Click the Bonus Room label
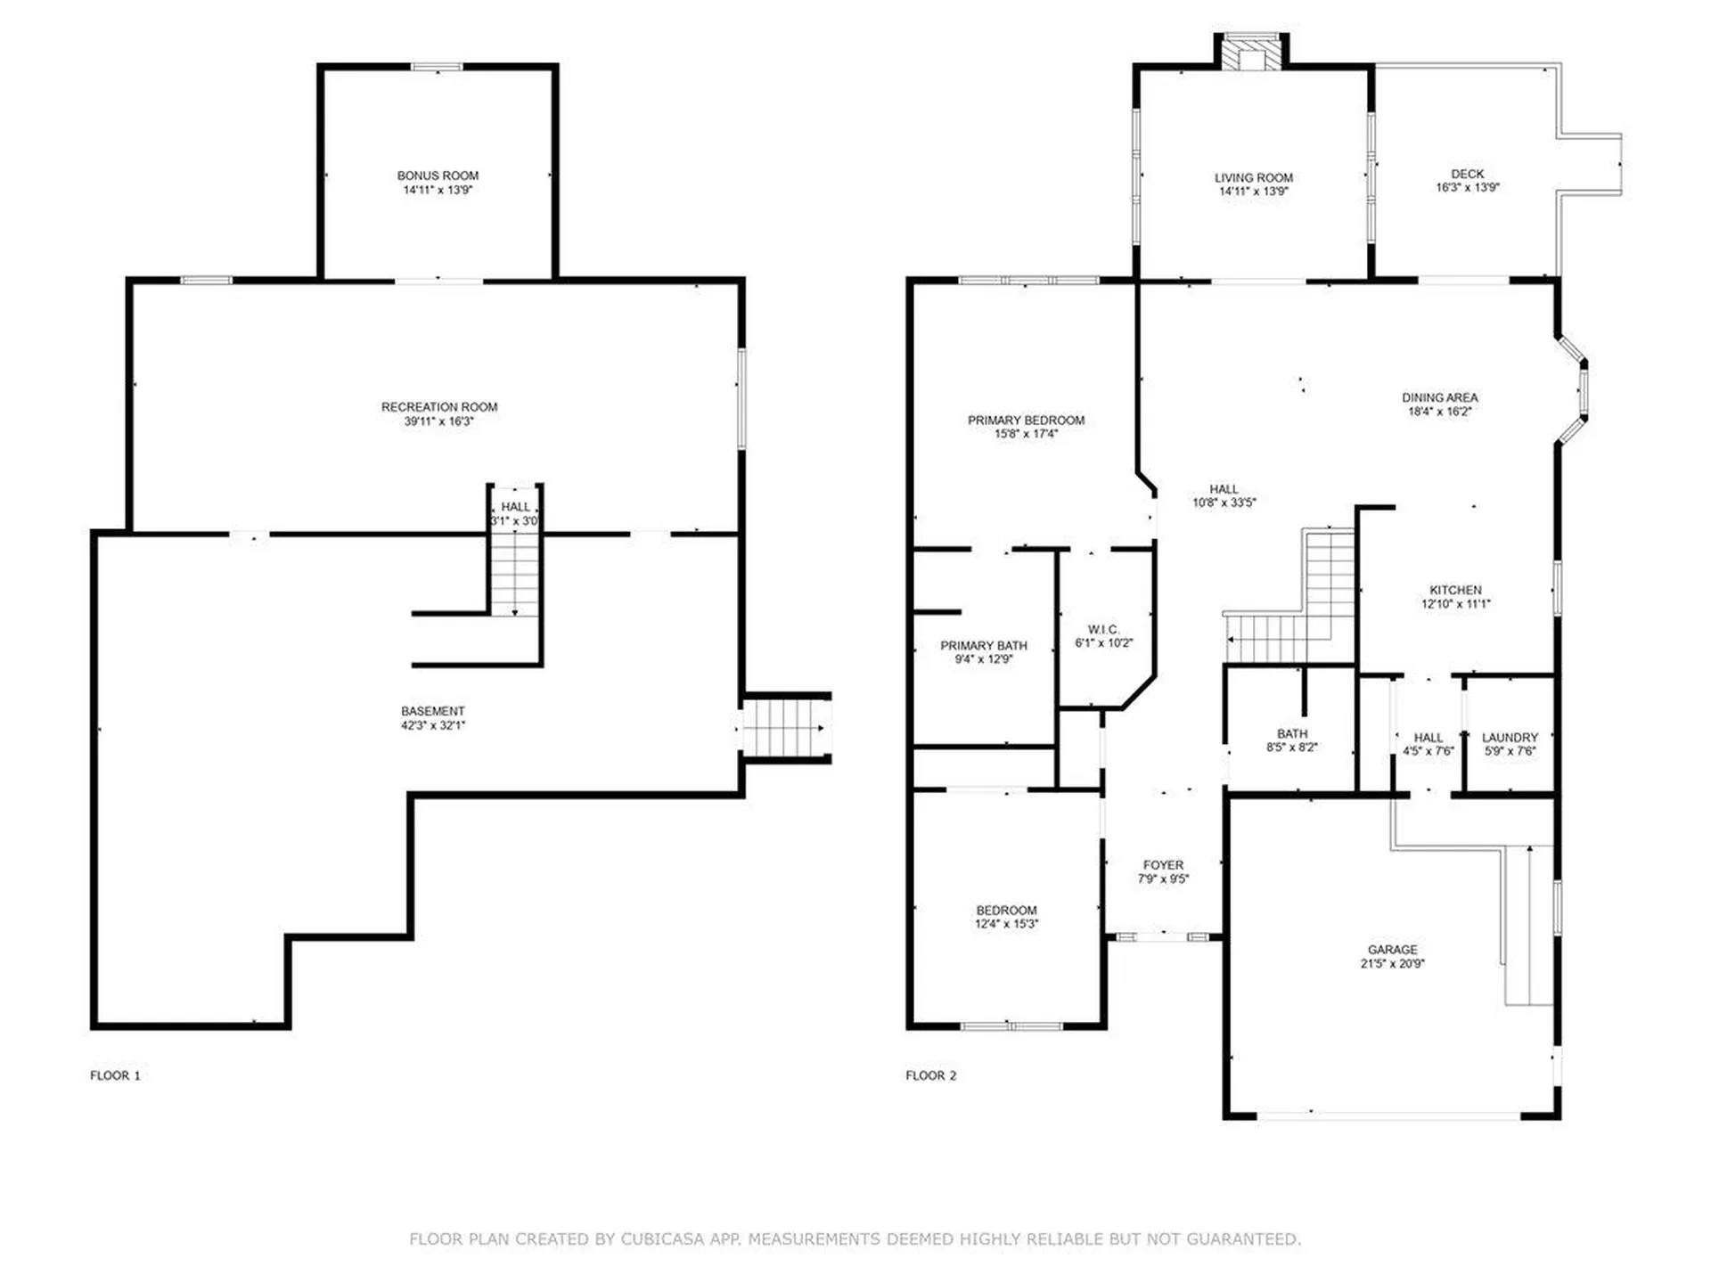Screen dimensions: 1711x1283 (x=438, y=176)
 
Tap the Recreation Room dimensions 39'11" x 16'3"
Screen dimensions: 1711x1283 (x=439, y=421)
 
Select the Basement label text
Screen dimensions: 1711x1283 (x=433, y=711)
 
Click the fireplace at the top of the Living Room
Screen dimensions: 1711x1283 (x=1252, y=52)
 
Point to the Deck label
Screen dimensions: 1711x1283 (x=1468, y=174)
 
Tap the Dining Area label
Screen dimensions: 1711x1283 (x=1440, y=397)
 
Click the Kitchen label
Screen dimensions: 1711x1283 (x=1456, y=590)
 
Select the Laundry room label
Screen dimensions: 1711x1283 (x=1510, y=737)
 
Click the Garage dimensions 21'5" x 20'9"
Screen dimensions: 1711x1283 (x=1393, y=963)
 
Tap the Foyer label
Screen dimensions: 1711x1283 (x=1164, y=865)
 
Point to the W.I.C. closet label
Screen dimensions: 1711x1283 (x=1104, y=629)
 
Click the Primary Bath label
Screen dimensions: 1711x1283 (x=984, y=645)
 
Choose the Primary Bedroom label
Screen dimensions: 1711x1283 (x=1027, y=420)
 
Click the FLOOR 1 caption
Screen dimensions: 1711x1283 (x=115, y=1075)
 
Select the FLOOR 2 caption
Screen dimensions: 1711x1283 (x=931, y=1075)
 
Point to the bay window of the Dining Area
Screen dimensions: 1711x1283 (x=1573, y=389)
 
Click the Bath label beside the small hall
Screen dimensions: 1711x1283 (x=1292, y=733)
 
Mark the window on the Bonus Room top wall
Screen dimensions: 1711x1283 (x=437, y=66)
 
